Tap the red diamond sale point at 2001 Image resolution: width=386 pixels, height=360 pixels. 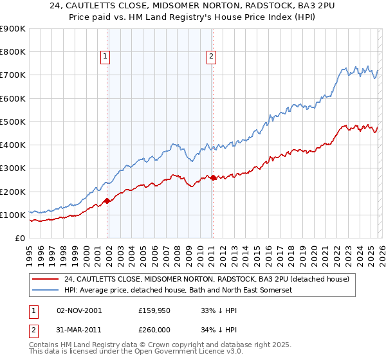(x=107, y=201)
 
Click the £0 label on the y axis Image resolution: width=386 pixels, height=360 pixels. (x=19, y=238)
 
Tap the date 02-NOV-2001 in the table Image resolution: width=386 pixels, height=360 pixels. (x=79, y=310)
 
